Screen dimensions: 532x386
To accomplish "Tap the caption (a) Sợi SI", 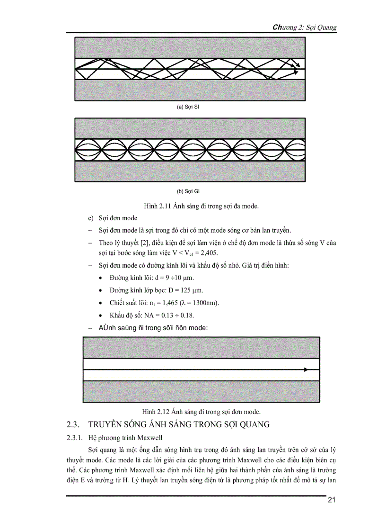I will click(189, 107).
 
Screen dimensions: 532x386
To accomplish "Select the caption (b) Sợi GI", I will click(189, 192).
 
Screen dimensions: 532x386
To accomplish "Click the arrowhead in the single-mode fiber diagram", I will click(307, 370).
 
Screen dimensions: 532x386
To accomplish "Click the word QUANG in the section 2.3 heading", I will click(253, 424).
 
